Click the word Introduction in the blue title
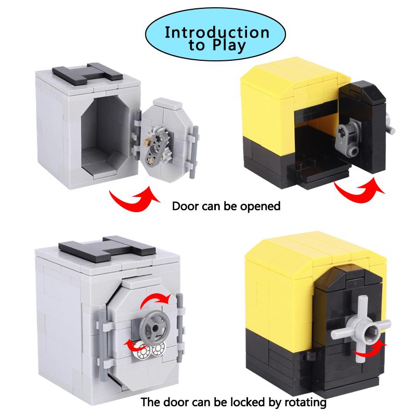pos(217,32)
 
